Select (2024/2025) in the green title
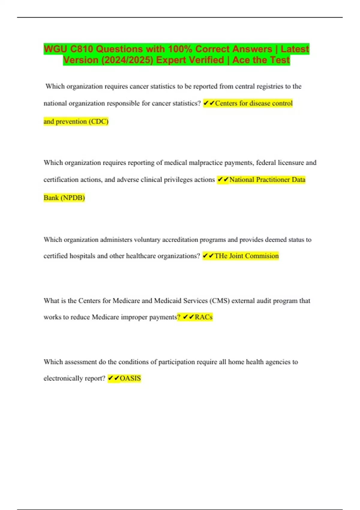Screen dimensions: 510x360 click(127, 60)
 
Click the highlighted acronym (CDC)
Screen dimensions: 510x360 click(98, 121)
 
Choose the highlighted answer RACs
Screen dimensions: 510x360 click(203, 317)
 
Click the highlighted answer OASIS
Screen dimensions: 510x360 click(130, 378)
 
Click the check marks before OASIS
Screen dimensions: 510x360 click(113, 378)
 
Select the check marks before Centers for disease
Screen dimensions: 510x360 click(209, 103)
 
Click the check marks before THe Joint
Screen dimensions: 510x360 click(208, 256)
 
